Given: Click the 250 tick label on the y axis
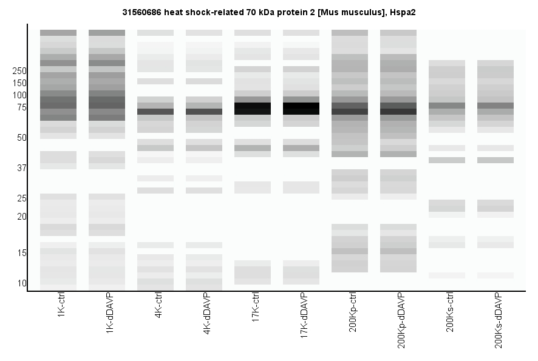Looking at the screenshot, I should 19,71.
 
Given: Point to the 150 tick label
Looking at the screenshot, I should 19,83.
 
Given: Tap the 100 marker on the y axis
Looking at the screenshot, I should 19,95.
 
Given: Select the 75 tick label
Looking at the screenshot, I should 21,107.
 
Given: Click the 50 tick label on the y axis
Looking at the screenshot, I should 21,138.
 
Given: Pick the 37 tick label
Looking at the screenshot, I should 21,168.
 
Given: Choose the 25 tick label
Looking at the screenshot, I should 21,198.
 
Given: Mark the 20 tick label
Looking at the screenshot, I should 21,217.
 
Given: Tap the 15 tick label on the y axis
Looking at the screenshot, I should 21,253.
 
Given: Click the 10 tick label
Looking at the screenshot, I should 21,283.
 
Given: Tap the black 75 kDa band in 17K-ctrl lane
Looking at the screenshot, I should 253,109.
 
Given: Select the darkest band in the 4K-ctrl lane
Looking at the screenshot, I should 155,112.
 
